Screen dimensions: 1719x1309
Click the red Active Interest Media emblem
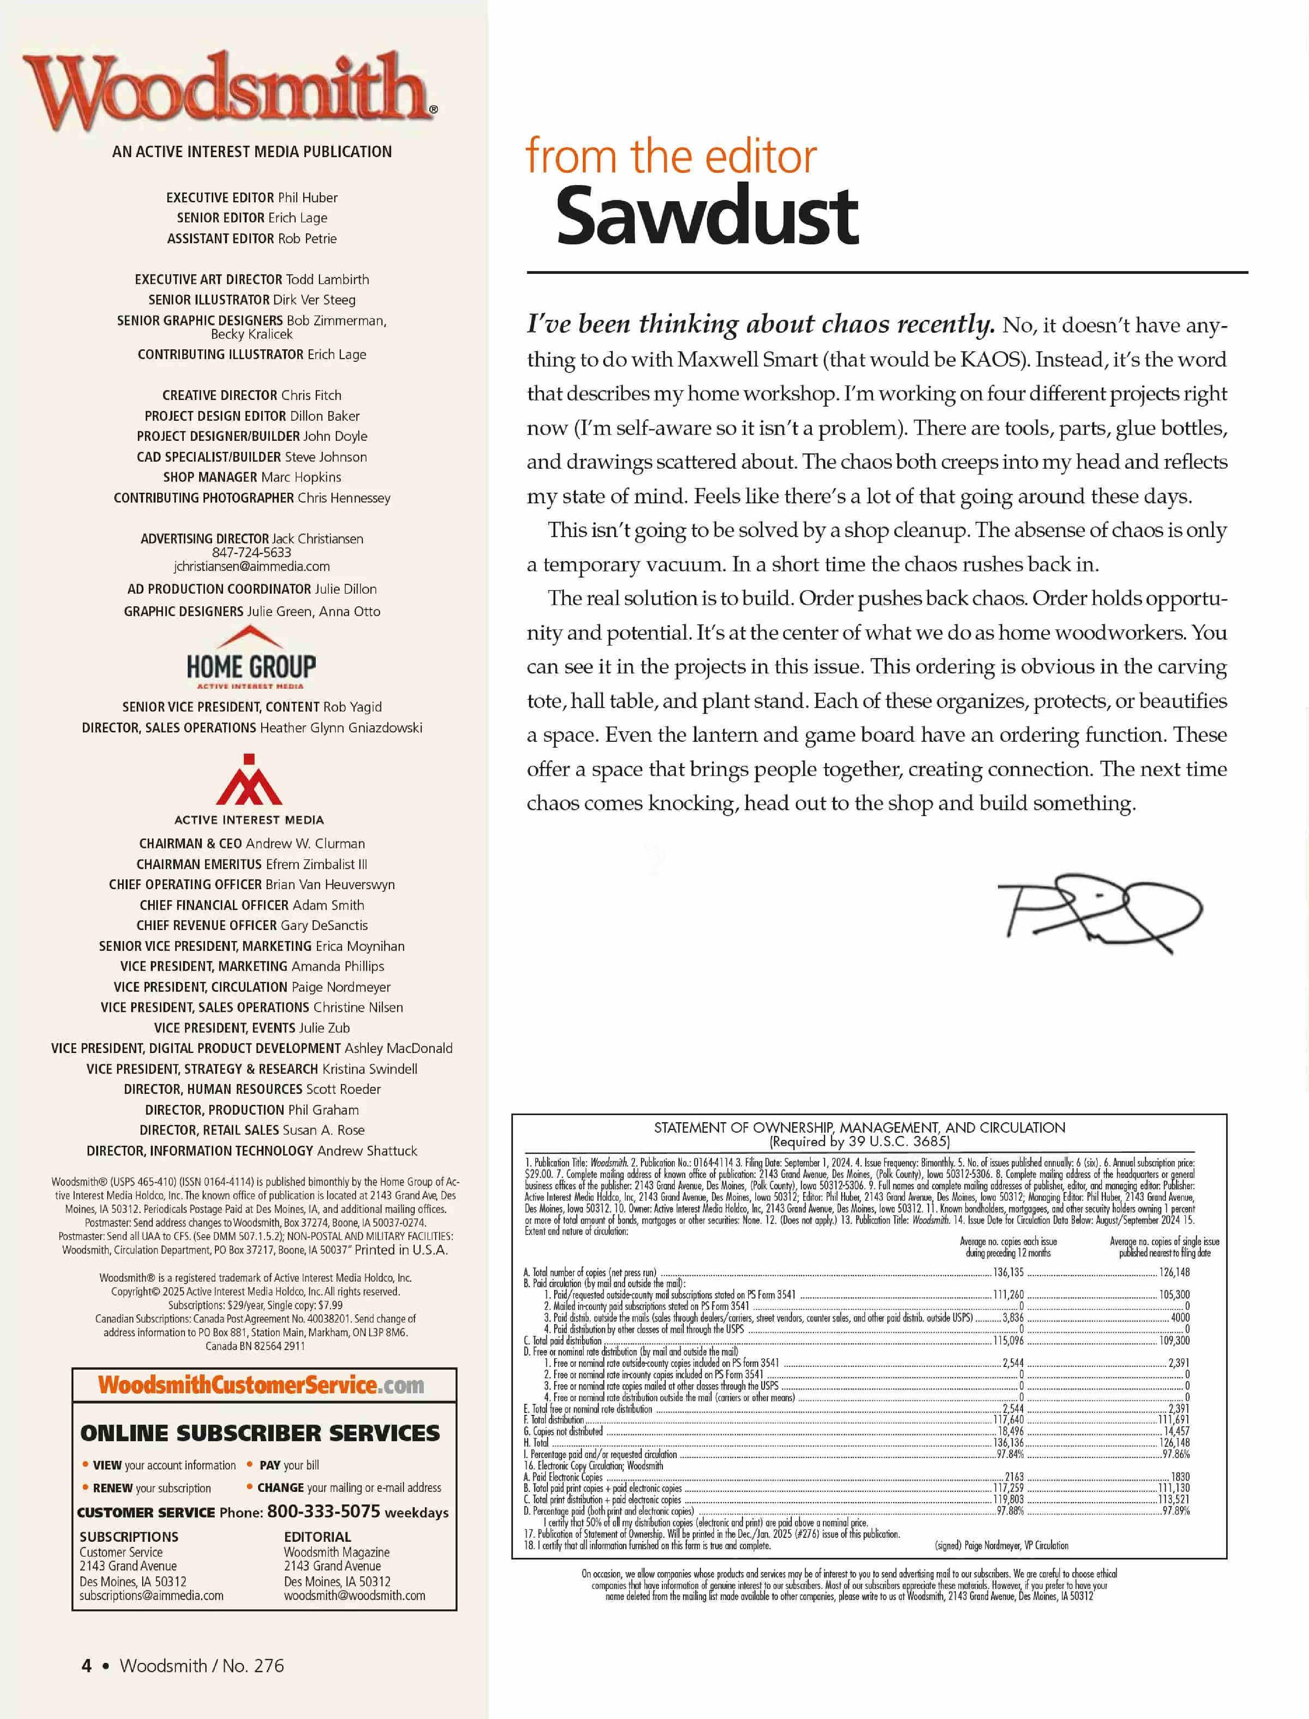[x=249, y=780]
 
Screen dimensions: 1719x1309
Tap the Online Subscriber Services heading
[x=260, y=1433]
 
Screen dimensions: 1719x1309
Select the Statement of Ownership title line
[x=859, y=1127]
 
